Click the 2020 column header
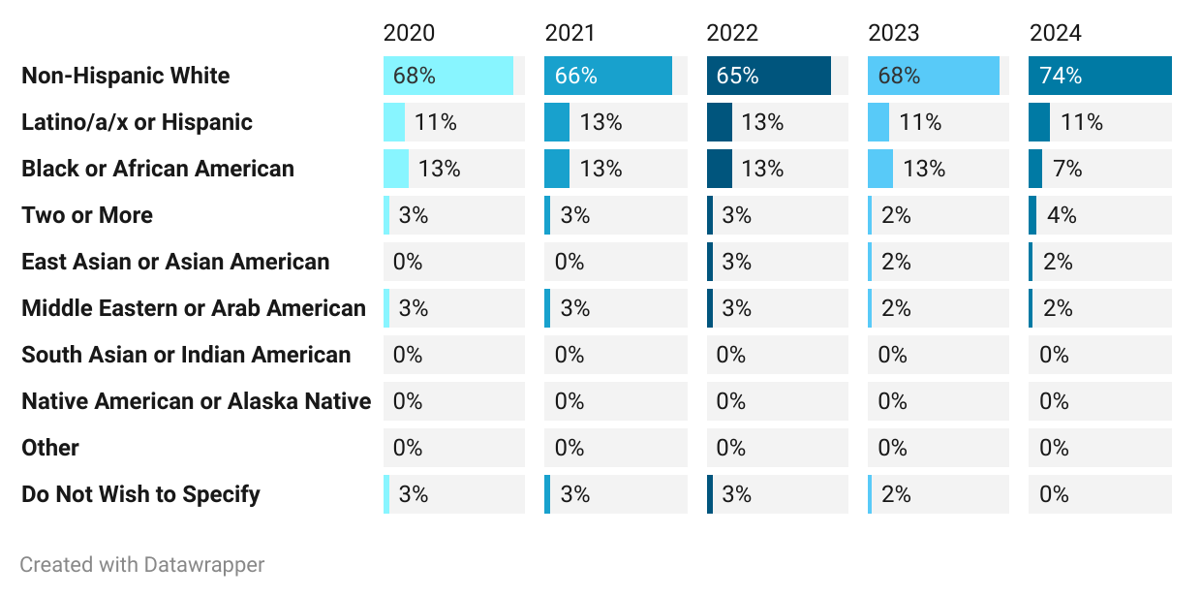click(409, 33)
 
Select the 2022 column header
click(732, 33)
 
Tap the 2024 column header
click(1055, 33)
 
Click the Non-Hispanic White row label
click(126, 76)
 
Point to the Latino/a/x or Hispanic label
click(137, 122)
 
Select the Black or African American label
click(158, 169)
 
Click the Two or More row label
click(87, 215)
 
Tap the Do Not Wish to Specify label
click(140, 494)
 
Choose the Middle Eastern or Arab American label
click(194, 308)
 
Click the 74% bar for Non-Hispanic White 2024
click(1099, 76)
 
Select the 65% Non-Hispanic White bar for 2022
click(768, 76)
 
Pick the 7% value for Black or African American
click(1066, 169)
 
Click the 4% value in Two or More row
click(1061, 215)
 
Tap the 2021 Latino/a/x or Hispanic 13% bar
click(557, 122)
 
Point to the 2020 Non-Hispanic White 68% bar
click(447, 76)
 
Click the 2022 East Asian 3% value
click(736, 262)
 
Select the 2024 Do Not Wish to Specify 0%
click(1054, 494)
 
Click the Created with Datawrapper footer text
click(142, 564)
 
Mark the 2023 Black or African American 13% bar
click(879, 169)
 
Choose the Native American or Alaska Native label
click(196, 401)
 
